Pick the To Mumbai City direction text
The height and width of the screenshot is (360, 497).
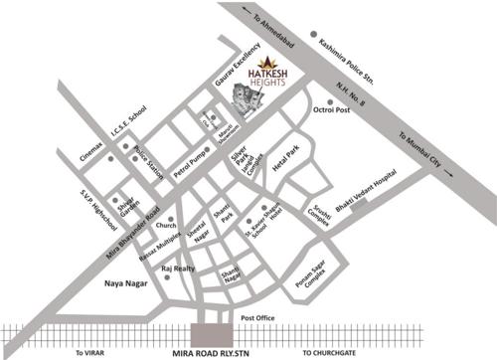[x=428, y=153]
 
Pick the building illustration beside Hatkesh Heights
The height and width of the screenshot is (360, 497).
[x=238, y=97]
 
